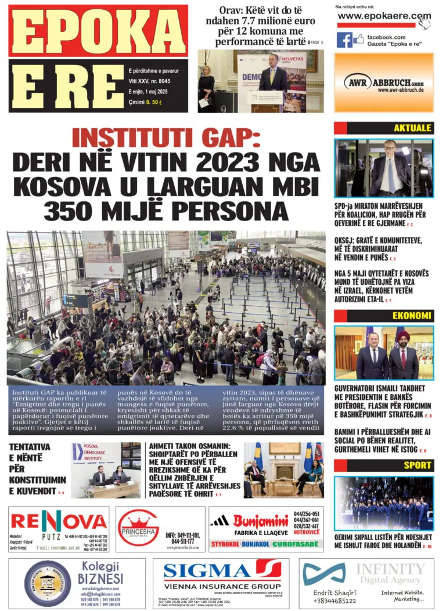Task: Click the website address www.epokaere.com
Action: (384, 16)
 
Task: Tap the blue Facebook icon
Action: (344, 40)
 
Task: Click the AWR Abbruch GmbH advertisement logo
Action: (383, 82)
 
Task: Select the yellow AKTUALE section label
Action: (412, 128)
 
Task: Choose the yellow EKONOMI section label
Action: (412, 316)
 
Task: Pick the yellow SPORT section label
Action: (418, 465)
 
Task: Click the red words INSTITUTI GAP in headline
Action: (166, 139)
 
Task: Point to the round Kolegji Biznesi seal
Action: (48, 584)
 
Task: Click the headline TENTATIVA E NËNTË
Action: (34, 469)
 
